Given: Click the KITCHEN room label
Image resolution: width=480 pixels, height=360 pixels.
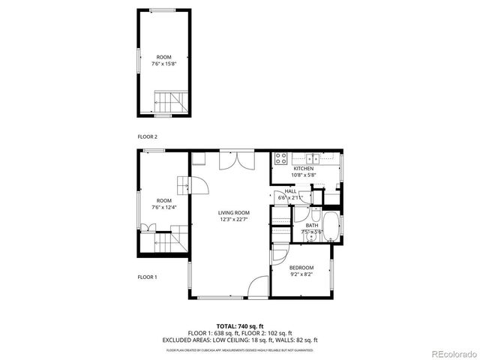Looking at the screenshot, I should click(x=304, y=169).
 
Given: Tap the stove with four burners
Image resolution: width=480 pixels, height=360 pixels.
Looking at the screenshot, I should click(x=280, y=159).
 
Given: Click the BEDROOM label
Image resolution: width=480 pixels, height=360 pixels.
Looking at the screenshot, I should click(x=302, y=268).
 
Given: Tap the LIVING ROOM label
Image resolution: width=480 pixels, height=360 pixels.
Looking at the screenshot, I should click(x=234, y=213).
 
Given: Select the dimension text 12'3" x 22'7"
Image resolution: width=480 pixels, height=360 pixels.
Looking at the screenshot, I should click(x=234, y=219).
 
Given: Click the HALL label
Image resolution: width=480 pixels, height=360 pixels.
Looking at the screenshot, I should click(x=290, y=191).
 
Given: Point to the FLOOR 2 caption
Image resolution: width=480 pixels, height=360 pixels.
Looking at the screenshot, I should click(x=147, y=136).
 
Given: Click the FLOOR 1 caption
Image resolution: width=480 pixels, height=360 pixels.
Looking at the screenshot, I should click(x=147, y=277).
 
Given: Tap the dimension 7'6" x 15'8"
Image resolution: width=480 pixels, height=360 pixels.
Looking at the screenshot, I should click(x=163, y=63).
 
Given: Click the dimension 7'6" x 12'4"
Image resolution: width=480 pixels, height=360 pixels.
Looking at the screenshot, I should click(x=163, y=207).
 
